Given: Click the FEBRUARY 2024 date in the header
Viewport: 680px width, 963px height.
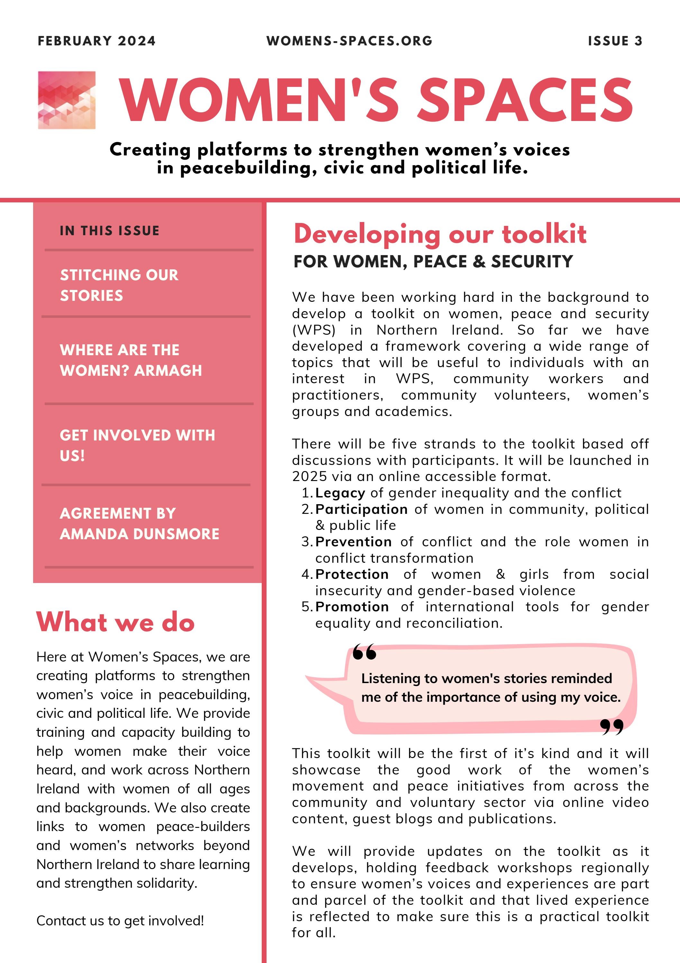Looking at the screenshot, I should point(96,41).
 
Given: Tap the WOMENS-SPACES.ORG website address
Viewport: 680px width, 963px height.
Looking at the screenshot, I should point(349,41).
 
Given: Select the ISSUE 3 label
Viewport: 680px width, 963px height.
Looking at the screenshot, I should point(615,41).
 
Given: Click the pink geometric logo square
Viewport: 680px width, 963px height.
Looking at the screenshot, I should point(67,100).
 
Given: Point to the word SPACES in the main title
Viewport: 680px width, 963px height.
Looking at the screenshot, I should point(526,101).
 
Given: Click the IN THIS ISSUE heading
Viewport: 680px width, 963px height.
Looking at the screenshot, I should point(109,231).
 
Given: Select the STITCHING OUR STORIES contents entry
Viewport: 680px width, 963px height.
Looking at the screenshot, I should point(119,285).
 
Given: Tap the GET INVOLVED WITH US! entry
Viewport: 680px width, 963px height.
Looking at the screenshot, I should point(137,445).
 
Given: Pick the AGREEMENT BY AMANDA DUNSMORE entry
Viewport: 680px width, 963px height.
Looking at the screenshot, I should point(139,523).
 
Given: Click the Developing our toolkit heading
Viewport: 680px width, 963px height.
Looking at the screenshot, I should point(440,234).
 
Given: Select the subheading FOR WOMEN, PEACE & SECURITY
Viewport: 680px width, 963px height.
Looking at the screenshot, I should point(433,262).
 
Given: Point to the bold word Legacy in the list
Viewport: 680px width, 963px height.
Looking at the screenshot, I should point(340,493).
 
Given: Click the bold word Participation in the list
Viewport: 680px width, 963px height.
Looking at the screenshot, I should point(361,509).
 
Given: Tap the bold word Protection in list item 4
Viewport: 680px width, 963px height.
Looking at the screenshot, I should point(352,574).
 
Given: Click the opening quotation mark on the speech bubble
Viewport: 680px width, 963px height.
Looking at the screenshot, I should point(364,653).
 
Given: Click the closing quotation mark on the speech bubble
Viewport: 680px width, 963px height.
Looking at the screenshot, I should point(612,727).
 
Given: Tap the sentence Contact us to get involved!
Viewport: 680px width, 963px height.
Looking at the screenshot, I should point(120,921).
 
